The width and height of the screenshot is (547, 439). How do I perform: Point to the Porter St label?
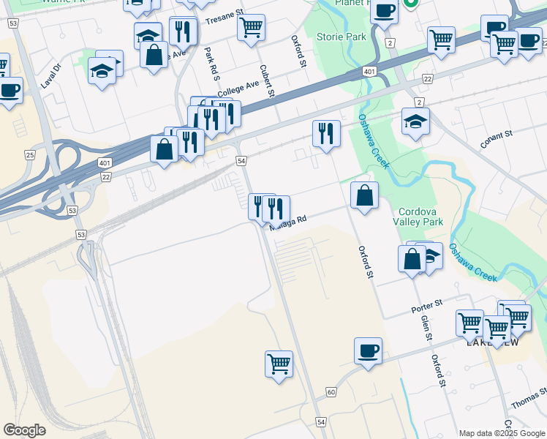[x=427, y=304]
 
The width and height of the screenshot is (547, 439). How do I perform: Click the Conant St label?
[x=497, y=139]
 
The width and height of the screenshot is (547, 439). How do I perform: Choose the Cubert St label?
[x=267, y=81]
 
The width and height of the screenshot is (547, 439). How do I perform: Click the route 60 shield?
[x=331, y=392]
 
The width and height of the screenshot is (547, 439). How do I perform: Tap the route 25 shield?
[x=30, y=154]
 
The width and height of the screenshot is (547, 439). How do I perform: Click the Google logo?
[x=25, y=430]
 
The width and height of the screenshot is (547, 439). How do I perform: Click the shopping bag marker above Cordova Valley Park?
[x=364, y=195]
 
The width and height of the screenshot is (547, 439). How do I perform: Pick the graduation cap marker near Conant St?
[x=415, y=121]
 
